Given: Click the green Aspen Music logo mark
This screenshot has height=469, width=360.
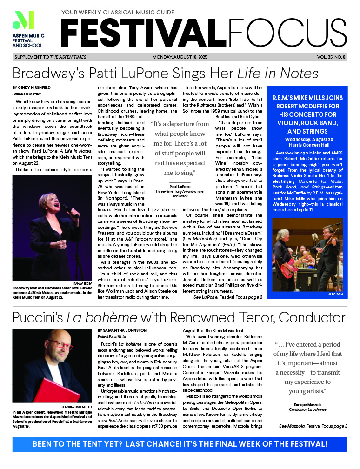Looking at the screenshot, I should tap(24, 20).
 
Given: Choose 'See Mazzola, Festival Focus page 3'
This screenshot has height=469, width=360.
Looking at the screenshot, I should tap(313, 426).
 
